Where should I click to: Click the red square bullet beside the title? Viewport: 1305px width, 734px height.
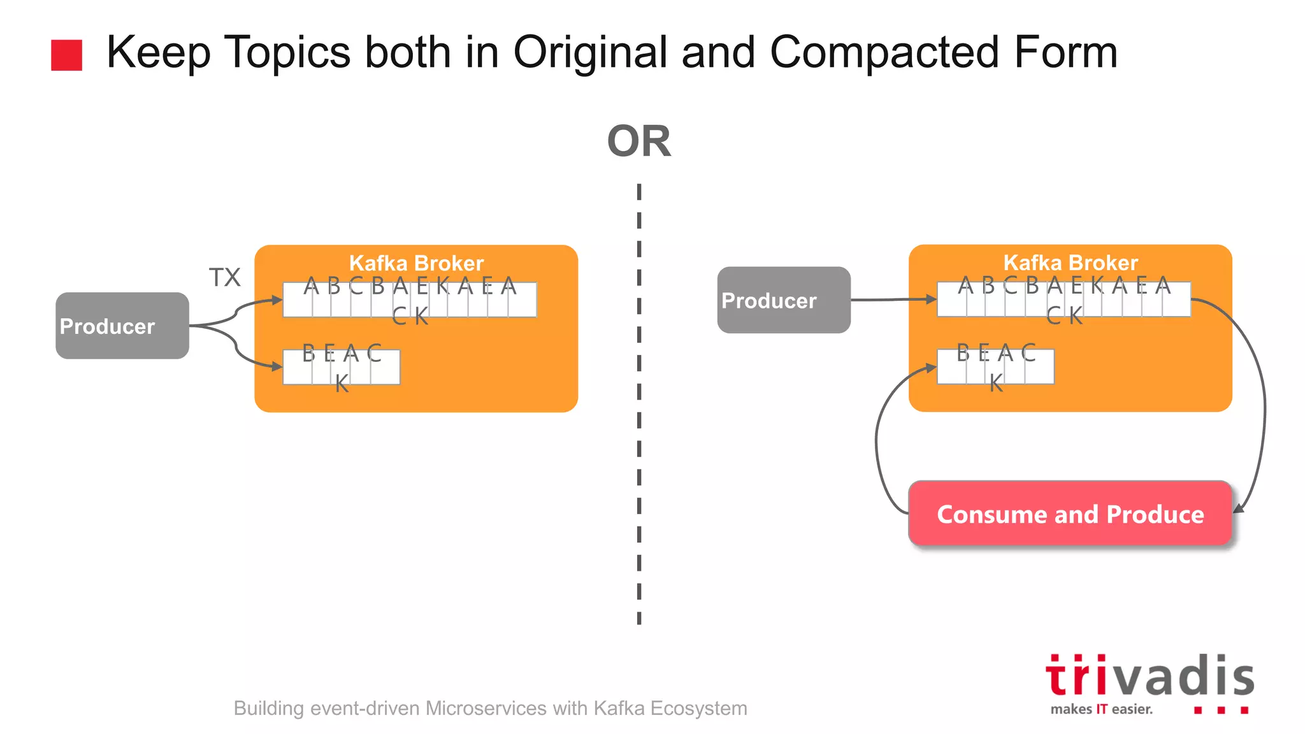(66, 55)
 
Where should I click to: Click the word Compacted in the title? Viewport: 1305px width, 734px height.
(884, 52)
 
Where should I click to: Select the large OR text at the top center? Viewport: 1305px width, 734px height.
(638, 141)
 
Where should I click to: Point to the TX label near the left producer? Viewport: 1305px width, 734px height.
(224, 278)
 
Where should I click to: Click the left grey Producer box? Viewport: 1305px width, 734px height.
(122, 326)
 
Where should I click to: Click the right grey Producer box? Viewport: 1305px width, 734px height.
(783, 300)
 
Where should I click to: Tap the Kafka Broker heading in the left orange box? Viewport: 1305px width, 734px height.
(416, 263)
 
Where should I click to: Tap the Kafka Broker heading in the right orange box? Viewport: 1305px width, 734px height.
(1070, 263)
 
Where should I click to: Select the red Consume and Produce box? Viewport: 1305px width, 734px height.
(1070, 514)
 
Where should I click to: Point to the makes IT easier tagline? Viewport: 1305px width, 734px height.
(1101, 709)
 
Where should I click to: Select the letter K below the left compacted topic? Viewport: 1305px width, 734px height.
(342, 384)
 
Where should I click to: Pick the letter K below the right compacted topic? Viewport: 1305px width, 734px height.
(996, 383)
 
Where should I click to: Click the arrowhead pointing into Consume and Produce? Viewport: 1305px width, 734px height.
(1240, 507)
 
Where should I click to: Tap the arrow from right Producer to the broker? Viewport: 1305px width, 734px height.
(892, 299)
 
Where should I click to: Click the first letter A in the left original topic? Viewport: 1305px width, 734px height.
(311, 286)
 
